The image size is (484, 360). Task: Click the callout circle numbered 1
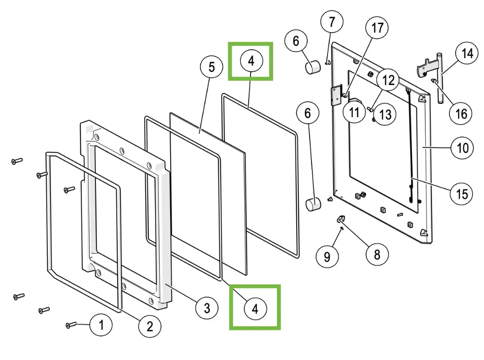[101, 325]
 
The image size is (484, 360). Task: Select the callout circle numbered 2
[149, 326]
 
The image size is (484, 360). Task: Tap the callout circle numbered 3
[207, 309]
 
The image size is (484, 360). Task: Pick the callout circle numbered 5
[211, 67]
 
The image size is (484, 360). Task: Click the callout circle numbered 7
[332, 21]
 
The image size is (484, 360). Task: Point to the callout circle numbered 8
[377, 254]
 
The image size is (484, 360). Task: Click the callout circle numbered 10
[462, 148]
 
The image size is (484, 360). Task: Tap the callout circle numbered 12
[389, 81]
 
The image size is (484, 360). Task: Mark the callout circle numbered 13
[385, 114]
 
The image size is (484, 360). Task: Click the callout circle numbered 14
[467, 54]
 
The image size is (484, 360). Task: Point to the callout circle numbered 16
[461, 113]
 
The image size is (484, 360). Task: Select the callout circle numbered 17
[378, 28]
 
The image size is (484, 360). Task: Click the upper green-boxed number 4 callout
[251, 60]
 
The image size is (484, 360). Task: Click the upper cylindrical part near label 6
[312, 67]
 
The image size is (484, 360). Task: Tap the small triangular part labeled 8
[341, 219]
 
